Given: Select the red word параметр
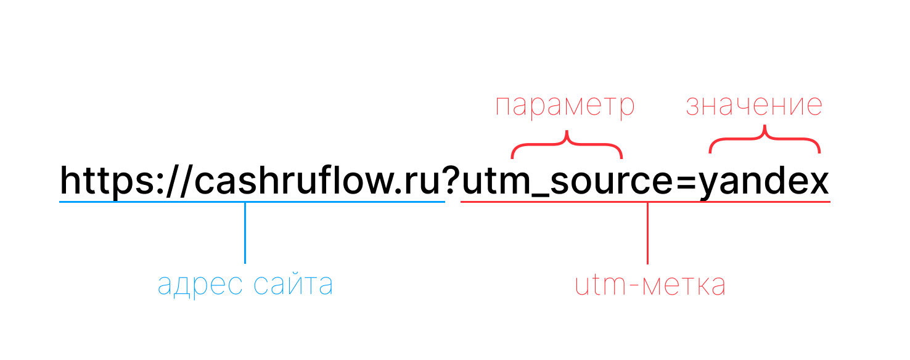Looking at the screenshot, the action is (565, 106).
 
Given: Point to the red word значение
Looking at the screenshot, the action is (754, 106).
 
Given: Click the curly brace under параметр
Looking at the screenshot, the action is (567, 145).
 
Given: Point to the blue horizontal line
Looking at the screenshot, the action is (154, 202).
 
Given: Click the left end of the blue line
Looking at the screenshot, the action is (60, 202).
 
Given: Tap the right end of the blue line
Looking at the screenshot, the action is (443, 202).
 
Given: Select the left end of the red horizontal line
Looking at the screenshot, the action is (462, 202).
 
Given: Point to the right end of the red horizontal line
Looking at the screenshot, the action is (829, 202).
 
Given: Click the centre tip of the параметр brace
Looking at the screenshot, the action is (567, 133).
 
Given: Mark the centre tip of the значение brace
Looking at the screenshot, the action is (764, 127).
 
